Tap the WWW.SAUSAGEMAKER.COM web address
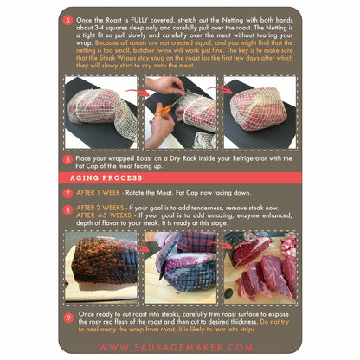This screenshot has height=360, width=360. [x=179, y=347]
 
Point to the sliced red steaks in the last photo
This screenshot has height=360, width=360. [x=260, y=273]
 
